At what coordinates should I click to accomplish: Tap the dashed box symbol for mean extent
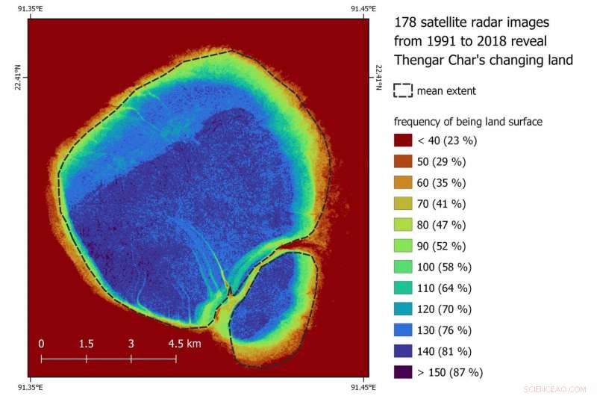403,90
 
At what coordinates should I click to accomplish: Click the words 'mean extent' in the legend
446,91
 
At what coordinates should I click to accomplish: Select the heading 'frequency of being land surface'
468,121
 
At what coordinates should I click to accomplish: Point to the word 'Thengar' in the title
417,61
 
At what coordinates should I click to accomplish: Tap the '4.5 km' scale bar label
184,344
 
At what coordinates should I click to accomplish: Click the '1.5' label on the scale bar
86,344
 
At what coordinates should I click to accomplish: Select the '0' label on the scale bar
42,344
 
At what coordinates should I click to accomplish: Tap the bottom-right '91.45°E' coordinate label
363,387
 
